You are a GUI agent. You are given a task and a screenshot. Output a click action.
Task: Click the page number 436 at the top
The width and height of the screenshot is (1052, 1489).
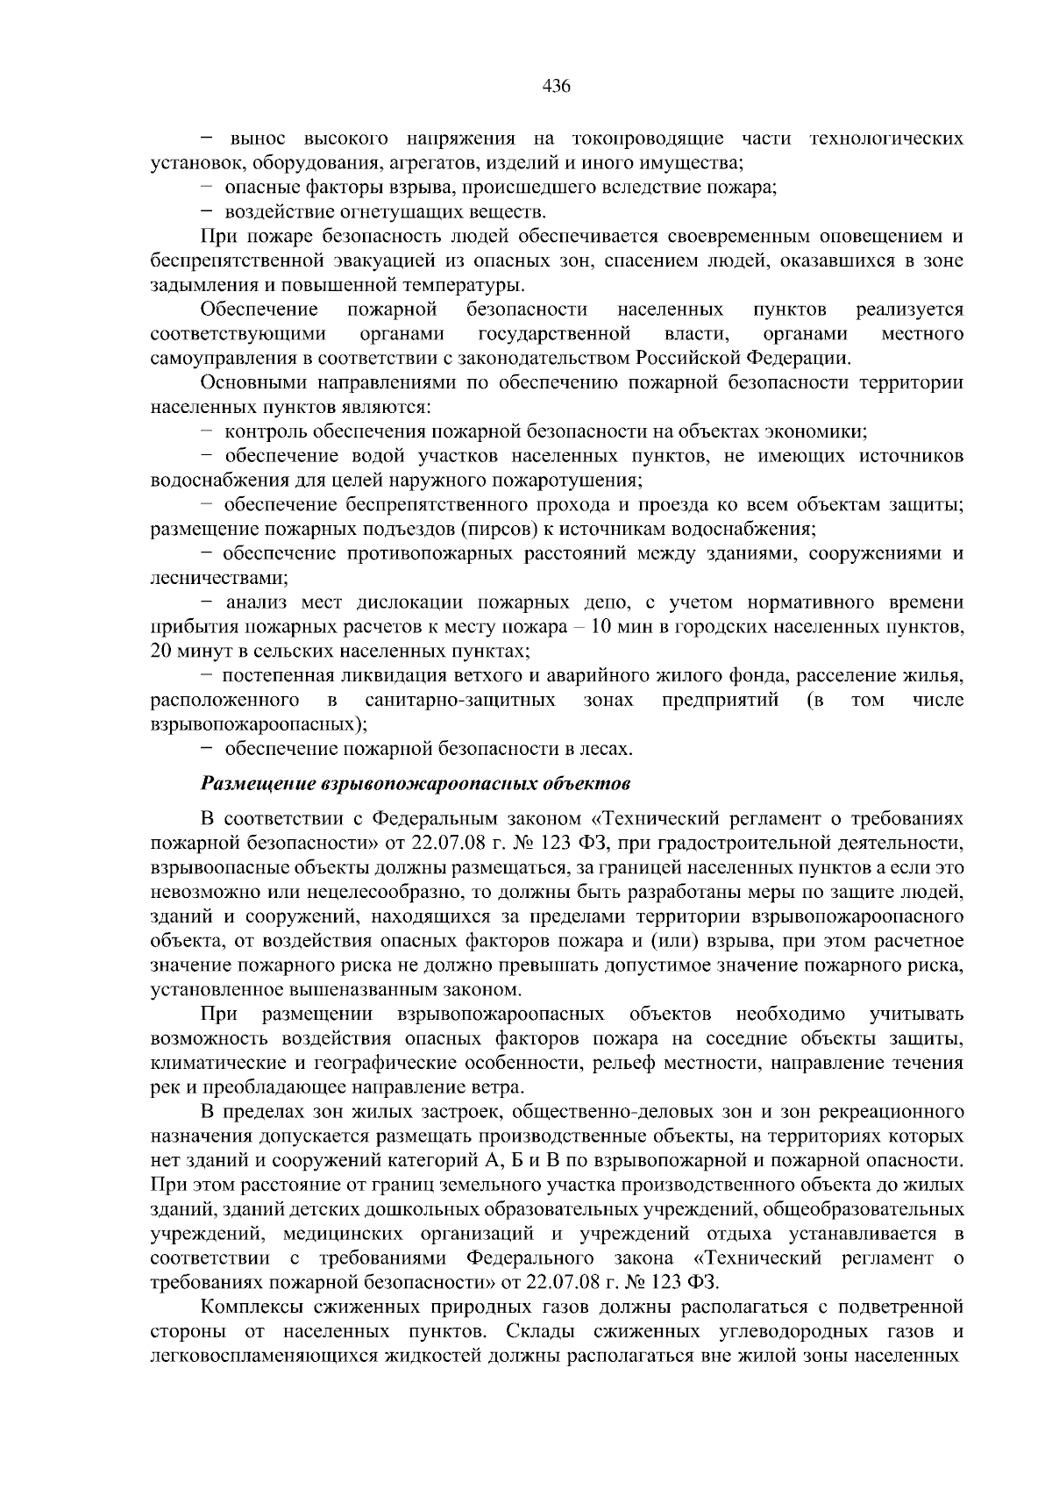tap(557, 86)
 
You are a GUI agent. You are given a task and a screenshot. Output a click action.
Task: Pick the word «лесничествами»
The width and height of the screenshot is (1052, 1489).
tap(218, 579)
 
